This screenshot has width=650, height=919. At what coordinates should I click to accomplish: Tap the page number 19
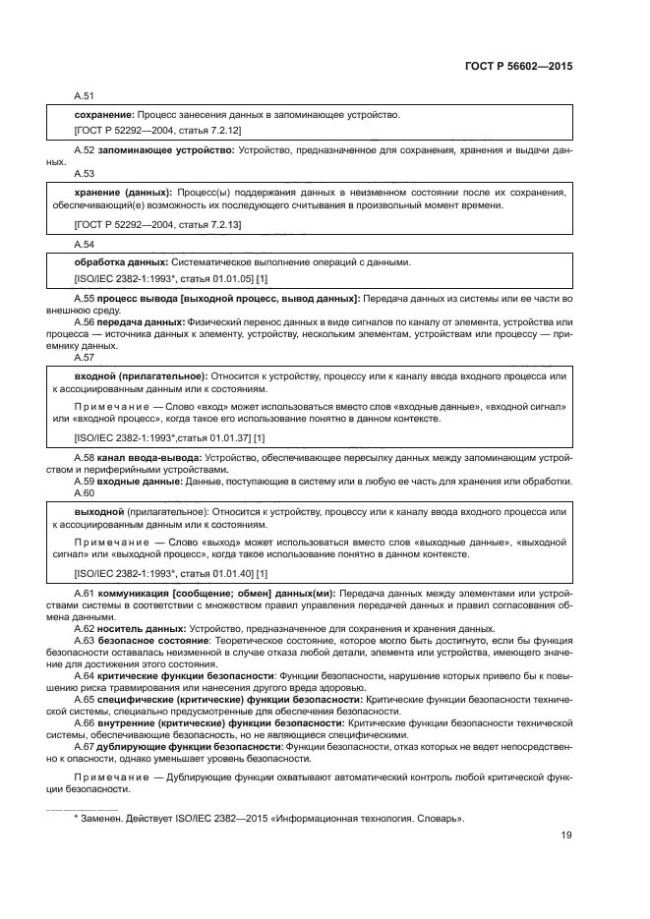click(x=566, y=835)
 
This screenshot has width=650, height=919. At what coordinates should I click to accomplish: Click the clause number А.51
click(x=85, y=96)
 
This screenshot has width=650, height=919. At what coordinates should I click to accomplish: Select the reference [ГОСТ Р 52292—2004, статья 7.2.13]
click(x=158, y=225)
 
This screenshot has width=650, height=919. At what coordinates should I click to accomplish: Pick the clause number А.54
click(x=85, y=243)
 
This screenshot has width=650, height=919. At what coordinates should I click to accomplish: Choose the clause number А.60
click(x=85, y=492)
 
